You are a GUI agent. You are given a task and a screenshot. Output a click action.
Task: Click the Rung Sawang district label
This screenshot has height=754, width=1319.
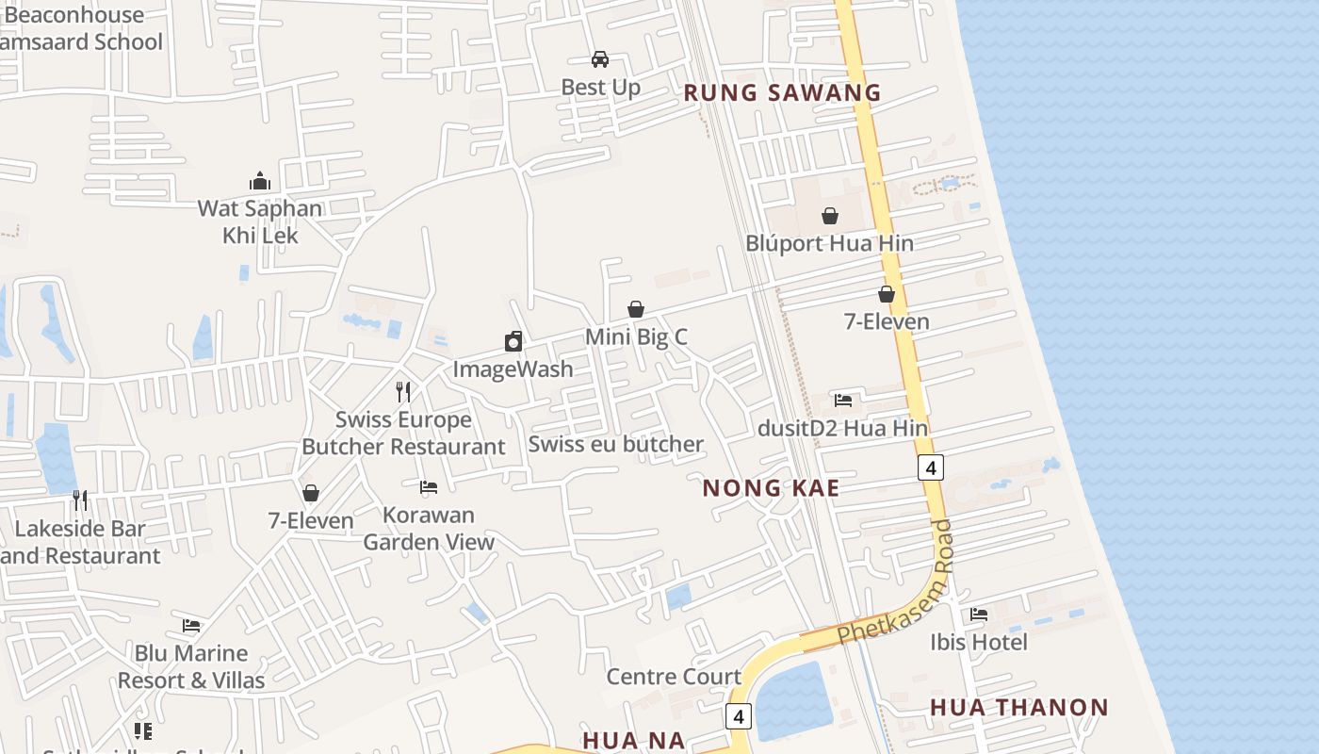click(x=782, y=92)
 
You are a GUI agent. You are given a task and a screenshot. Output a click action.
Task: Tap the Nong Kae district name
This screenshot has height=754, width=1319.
click(x=771, y=487)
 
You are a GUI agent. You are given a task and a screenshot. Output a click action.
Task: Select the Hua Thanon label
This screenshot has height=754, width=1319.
click(x=1019, y=707)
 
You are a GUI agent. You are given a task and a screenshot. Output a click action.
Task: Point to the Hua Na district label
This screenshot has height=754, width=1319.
click(x=633, y=740)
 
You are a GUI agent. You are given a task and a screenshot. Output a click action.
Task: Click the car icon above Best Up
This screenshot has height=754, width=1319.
click(x=600, y=59)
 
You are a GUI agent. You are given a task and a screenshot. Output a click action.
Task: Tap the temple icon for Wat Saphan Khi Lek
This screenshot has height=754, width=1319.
click(x=260, y=181)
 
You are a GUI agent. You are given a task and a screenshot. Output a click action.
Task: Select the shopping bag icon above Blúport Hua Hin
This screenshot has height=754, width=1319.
click(x=829, y=216)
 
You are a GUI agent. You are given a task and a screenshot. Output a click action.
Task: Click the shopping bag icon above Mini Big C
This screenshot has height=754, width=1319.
click(x=636, y=309)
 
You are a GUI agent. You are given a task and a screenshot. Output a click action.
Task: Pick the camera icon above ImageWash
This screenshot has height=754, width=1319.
click(x=513, y=341)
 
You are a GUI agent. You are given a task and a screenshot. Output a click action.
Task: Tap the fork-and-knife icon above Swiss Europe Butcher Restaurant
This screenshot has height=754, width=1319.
click(x=403, y=391)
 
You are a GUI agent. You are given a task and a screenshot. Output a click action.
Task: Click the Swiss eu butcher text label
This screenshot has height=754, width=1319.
click(x=616, y=444)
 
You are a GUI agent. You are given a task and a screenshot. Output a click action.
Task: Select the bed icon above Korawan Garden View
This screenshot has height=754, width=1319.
click(x=429, y=487)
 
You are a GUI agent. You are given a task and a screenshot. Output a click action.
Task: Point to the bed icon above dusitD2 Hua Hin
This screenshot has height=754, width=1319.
click(x=843, y=401)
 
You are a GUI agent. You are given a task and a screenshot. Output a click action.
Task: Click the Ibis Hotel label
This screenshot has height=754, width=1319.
click(x=979, y=642)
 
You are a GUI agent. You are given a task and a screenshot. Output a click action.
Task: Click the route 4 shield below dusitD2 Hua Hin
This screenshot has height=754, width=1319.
click(x=931, y=467)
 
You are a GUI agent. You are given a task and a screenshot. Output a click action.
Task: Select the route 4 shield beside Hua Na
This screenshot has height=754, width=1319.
click(x=739, y=716)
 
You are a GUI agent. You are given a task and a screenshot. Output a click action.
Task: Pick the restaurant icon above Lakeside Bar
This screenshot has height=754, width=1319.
click(x=80, y=500)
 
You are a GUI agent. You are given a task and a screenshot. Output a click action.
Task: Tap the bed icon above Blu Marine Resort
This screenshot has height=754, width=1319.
click(x=191, y=626)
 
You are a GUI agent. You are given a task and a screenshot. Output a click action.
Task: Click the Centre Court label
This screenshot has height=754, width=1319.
click(x=674, y=676)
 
